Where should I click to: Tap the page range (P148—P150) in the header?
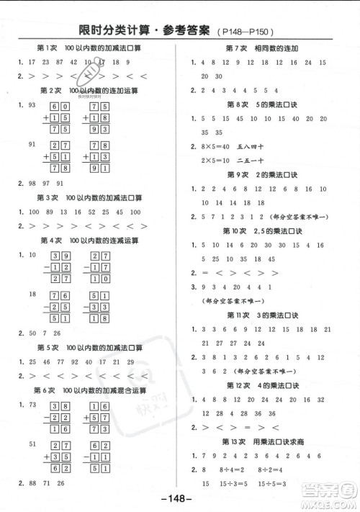pyautogui.click(x=249, y=32)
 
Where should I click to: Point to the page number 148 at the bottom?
pyautogui.click(x=180, y=498)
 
